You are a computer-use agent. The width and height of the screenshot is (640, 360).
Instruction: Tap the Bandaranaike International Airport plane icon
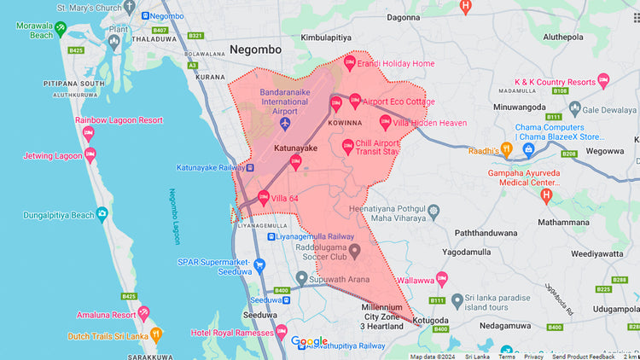285,125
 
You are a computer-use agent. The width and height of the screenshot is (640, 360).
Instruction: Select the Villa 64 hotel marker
264,198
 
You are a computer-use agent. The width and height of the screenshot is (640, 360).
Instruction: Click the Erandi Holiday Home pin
349,63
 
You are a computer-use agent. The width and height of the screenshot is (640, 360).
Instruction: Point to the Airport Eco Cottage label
399,102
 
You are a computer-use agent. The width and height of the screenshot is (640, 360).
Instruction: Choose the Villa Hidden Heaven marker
386,122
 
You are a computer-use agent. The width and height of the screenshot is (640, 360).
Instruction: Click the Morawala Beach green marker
61,28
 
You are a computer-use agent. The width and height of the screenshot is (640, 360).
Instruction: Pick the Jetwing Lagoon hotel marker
90,154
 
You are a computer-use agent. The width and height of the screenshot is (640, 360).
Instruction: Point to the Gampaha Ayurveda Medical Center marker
547,196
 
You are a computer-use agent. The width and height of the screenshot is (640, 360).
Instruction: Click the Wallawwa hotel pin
441,279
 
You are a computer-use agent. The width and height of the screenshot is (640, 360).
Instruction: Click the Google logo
309,341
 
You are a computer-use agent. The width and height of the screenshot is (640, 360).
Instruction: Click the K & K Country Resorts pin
603,82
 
